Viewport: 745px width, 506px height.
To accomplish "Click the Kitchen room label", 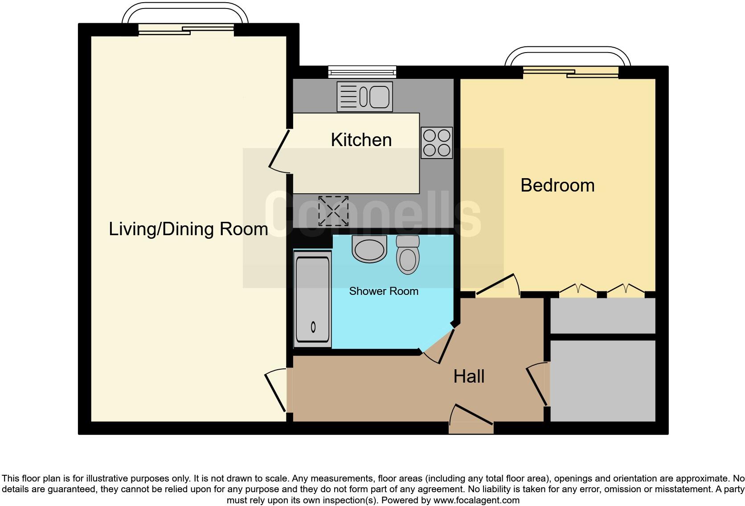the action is [361, 139].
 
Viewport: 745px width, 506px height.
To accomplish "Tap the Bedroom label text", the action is [557, 185].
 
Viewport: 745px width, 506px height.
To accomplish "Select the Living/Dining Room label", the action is [188, 229].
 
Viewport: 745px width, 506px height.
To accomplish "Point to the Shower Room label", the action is [384, 291].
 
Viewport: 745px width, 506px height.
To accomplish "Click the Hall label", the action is [469, 377].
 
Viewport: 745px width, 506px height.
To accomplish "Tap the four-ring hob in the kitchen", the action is [436, 143].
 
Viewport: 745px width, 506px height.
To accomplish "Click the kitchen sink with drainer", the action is [364, 97].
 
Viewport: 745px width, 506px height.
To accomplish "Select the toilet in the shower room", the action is [408, 255].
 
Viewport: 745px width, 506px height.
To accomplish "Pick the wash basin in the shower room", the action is [369, 249].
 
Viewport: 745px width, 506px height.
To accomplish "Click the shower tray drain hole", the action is [313, 327].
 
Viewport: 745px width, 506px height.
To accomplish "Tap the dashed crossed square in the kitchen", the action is [333, 211].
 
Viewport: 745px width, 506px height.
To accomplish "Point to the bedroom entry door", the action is [498, 284].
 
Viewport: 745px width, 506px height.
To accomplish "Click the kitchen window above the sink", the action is [362, 71].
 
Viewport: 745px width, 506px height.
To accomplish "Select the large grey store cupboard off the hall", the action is [603, 381].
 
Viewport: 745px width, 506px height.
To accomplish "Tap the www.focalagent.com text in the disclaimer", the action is [476, 500].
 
